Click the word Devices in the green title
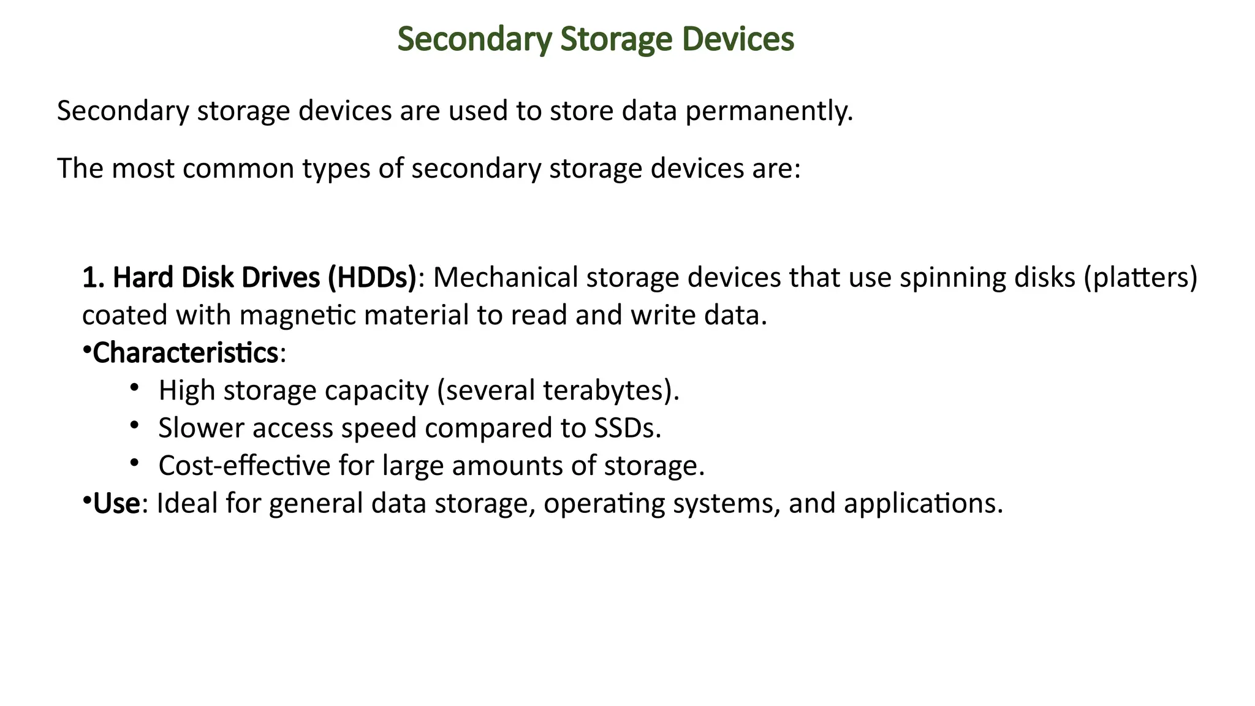(x=738, y=39)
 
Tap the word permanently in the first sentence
(x=769, y=112)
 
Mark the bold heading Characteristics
(x=186, y=354)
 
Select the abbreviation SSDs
(x=627, y=428)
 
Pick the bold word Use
(x=116, y=504)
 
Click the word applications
(x=923, y=504)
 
